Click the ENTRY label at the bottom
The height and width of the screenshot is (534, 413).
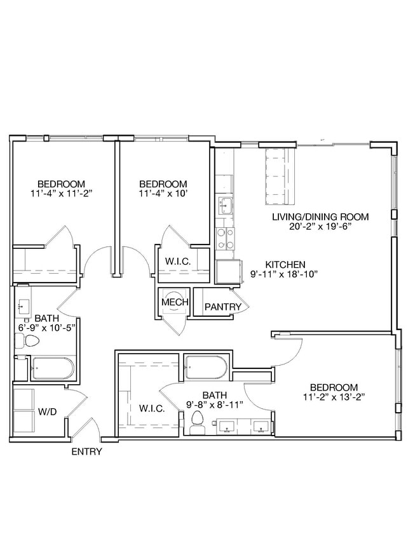pos(86,452)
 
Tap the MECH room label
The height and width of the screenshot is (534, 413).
pos(174,302)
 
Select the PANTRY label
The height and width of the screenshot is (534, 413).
pos(222,307)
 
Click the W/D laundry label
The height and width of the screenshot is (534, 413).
pos(47,411)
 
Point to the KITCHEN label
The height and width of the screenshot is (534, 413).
pos(286,265)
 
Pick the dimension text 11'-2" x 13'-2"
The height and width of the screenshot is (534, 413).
pos(334,397)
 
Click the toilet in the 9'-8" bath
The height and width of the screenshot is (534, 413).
pos(197,422)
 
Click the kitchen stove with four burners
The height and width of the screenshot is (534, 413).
pos(225,238)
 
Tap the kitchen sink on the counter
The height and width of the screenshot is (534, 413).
pos(225,205)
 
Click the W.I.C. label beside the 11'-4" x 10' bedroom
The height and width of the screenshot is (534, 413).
pos(175,261)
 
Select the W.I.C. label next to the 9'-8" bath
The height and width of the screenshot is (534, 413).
pos(152,408)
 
